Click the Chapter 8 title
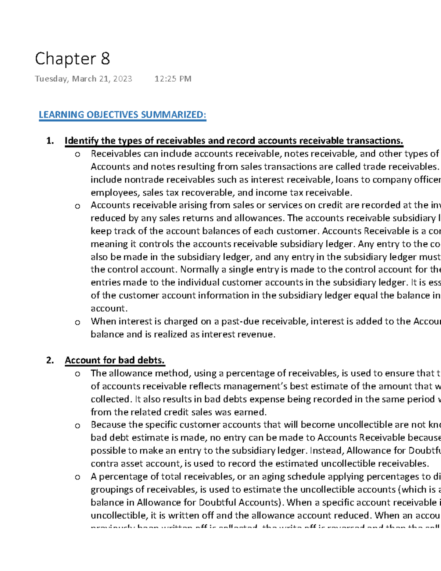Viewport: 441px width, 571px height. (72, 59)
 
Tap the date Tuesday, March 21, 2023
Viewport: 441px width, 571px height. (83, 79)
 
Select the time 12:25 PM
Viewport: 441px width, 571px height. (173, 79)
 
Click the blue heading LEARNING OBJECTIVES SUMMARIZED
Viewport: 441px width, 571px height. (122, 115)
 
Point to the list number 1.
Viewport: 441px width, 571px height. (50, 141)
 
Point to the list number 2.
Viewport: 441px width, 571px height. (50, 360)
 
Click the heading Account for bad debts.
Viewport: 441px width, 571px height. (115, 360)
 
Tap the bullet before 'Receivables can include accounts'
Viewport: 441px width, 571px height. (77, 154)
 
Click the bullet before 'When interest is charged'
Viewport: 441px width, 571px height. (77, 322)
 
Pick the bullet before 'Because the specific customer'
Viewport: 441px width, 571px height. (77, 426)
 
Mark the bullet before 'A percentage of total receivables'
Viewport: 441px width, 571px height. (77, 478)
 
